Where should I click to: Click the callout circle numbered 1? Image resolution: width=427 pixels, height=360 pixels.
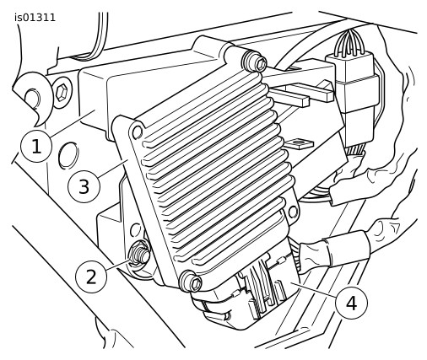pyautogui.click(x=36, y=147)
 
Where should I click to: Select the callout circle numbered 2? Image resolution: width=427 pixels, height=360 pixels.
pyautogui.click(x=91, y=277)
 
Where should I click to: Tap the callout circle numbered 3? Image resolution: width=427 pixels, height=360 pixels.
pyautogui.click(x=84, y=186)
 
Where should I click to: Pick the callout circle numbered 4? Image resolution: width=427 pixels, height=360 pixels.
pyautogui.click(x=352, y=304)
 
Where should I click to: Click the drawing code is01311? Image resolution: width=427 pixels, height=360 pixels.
pyautogui.click(x=35, y=18)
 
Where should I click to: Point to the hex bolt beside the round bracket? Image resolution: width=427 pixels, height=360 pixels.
pyautogui.click(x=62, y=93)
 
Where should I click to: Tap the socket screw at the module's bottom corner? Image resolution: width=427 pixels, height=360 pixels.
pyautogui.click(x=192, y=282)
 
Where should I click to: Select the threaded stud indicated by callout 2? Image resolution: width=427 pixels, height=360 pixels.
pyautogui.click(x=139, y=254)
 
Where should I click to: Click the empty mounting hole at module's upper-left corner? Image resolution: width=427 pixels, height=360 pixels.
pyautogui.click(x=138, y=132)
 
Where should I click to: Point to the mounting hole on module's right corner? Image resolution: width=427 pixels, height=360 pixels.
pyautogui.click(x=293, y=212)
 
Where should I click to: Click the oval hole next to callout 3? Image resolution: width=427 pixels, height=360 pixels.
pyautogui.click(x=68, y=155)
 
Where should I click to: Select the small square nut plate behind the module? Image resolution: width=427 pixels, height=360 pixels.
pyautogui.click(x=299, y=144)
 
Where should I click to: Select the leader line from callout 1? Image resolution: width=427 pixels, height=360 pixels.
pyautogui.click(x=73, y=123)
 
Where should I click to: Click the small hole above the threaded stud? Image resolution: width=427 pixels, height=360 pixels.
pyautogui.click(x=137, y=229)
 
